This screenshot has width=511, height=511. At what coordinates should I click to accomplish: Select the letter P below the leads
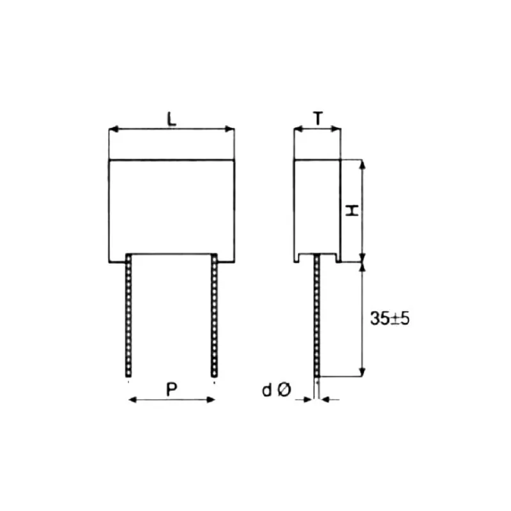pos(172,388)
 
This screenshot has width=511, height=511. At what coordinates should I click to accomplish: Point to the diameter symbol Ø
pos(285,390)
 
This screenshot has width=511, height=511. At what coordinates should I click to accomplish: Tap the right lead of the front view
pos(215,316)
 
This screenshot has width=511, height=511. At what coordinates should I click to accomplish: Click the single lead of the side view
pos(316,316)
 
